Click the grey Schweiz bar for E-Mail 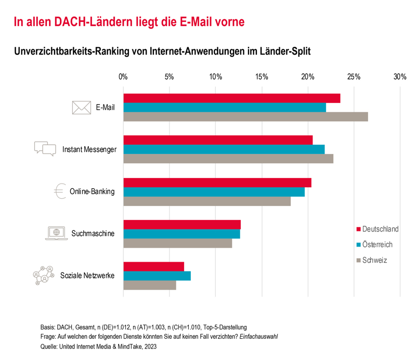[x=245, y=117]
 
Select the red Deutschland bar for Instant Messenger [x=218, y=140]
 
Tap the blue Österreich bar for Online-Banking [x=214, y=192]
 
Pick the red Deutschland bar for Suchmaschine [x=182, y=224]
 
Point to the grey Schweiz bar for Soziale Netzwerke [x=150, y=285]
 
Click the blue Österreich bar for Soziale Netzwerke [x=157, y=276]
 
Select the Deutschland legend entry [x=378, y=229]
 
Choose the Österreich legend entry [x=374, y=245]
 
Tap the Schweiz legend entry [x=371, y=260]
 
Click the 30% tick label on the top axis [x=400, y=77]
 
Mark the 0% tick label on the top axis [x=123, y=77]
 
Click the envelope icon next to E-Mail [x=81, y=108]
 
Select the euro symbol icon [x=59, y=191]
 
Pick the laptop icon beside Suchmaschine [x=56, y=233]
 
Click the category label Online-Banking [x=92, y=191]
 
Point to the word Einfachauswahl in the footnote [x=258, y=337]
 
